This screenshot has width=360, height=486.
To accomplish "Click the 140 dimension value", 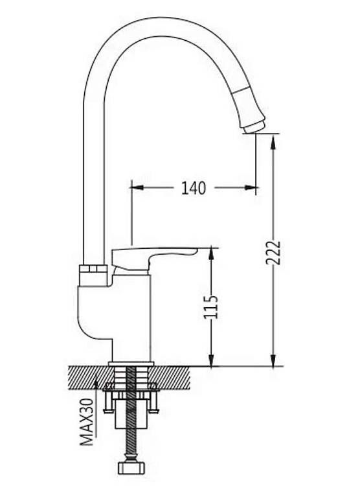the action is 194,188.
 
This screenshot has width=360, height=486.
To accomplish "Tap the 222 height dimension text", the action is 273,253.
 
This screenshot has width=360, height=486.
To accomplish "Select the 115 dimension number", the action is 211,307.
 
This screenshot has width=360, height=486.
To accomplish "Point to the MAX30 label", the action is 87,422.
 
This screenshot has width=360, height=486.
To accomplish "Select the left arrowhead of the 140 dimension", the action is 137,187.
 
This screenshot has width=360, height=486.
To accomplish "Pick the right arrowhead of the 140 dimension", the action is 251,187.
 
